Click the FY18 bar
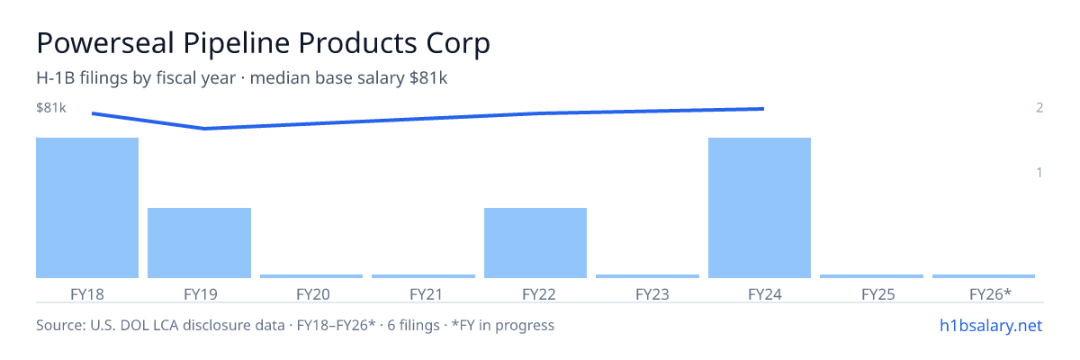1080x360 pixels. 87,208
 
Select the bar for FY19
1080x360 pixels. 199,243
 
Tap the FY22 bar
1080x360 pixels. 535,243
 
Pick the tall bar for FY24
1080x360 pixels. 760,208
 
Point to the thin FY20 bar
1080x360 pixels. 311,276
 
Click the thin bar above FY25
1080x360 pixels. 872,276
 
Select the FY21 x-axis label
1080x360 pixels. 426,294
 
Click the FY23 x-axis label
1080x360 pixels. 652,294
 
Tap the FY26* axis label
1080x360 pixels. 990,294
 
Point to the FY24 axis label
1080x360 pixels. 765,294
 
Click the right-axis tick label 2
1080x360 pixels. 1039,107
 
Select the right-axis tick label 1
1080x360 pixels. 1039,173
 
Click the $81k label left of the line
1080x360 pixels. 51,107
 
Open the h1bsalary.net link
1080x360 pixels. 991,325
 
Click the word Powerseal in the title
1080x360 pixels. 105,43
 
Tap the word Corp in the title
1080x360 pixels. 458,44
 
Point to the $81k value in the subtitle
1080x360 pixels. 428,77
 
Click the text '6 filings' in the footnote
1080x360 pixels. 413,325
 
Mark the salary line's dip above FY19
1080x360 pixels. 204,129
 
